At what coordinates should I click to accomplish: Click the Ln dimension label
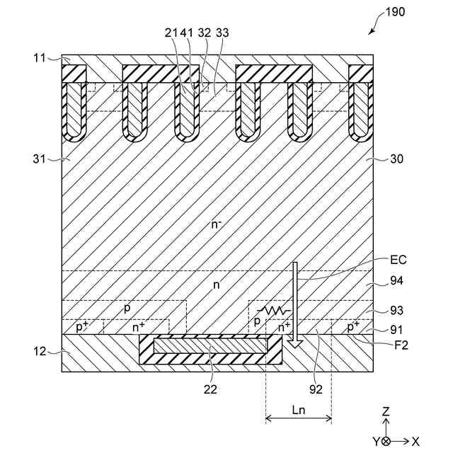tap(298, 410)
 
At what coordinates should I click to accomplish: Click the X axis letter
tap(415, 441)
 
